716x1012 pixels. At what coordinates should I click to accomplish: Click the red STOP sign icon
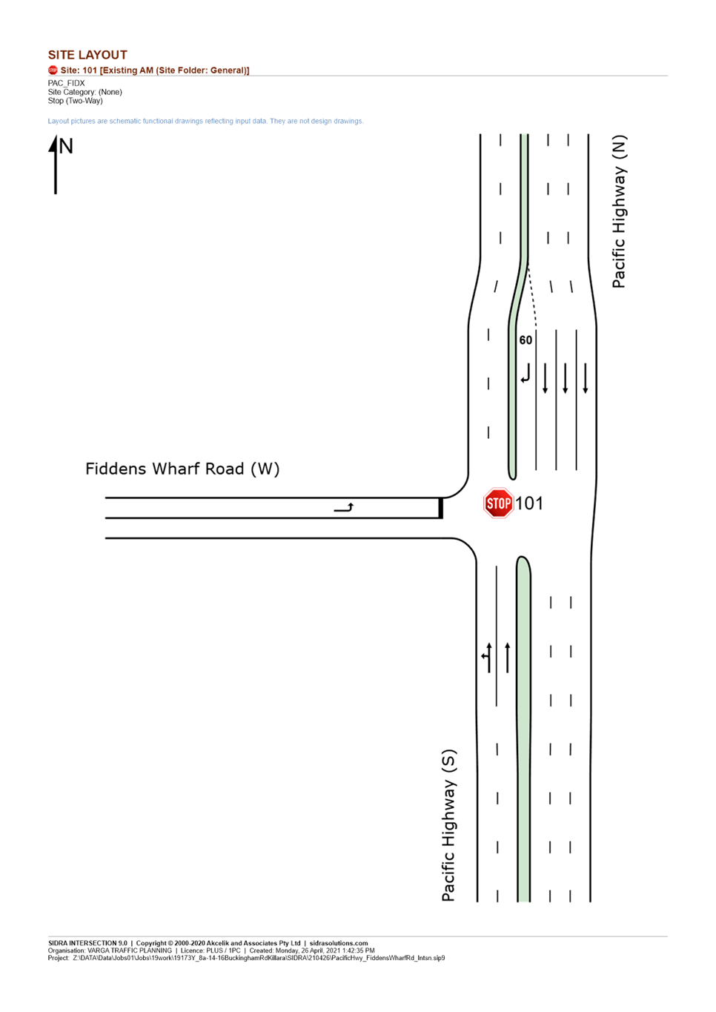coord(498,503)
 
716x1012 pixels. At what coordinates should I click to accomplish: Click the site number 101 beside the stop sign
coord(529,503)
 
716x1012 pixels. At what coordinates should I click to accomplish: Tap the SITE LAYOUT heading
coord(87,55)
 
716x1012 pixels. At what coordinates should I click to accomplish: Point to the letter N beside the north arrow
coord(67,146)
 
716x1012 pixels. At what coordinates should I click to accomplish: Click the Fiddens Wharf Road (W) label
coord(182,469)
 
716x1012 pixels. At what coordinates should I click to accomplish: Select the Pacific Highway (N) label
coord(619,211)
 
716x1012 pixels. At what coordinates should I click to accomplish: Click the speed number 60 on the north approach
coord(526,340)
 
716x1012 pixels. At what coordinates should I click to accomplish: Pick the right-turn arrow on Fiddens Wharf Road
coord(344,508)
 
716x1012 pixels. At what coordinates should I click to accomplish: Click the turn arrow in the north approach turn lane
coord(526,374)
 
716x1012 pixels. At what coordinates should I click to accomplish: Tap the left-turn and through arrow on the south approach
coord(487,657)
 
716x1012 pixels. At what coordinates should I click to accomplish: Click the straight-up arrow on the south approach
coord(507,657)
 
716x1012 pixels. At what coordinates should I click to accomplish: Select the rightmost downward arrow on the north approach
coord(586,378)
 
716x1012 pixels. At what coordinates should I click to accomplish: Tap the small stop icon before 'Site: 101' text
coord(53,70)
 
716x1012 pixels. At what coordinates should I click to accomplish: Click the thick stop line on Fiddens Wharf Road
coord(441,508)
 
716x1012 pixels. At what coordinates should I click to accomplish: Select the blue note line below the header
coord(205,121)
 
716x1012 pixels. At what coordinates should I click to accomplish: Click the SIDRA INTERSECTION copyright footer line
coord(208,943)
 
